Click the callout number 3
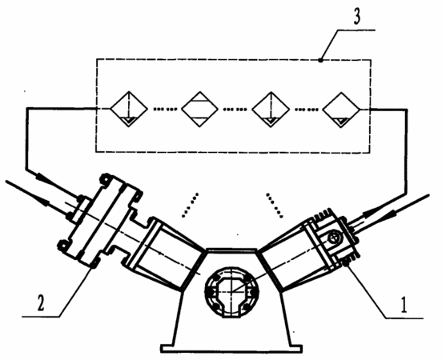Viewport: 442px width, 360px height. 356,16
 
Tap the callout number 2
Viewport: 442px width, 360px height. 41,303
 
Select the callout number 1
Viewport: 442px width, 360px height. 404,305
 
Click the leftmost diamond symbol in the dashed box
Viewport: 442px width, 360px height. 129,109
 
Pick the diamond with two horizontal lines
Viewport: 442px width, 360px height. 199,109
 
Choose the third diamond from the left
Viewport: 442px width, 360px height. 271,109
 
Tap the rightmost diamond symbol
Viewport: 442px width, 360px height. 341,109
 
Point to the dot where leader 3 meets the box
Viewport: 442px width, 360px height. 320,60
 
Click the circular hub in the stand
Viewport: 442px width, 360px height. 231,292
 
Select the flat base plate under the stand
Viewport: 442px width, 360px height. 231,348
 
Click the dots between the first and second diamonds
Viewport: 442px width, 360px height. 165,109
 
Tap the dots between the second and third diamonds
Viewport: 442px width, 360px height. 235,109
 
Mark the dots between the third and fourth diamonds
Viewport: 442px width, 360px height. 307,109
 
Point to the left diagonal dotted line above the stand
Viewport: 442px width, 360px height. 190,205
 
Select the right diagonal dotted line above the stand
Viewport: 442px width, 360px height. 275,205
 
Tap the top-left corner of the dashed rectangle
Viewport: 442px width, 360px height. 96,59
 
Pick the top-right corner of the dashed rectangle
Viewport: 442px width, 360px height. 371,60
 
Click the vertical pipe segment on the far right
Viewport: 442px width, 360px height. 407,151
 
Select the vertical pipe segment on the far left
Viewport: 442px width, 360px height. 26,138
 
